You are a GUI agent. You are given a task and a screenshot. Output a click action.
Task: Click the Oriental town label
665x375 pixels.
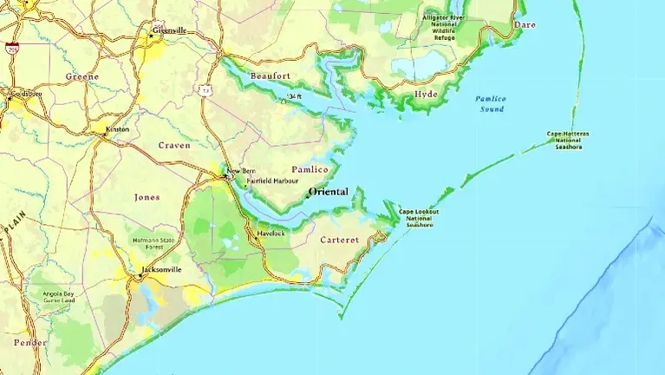coord(328,192)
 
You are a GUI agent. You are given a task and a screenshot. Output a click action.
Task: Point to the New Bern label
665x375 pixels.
coord(241,172)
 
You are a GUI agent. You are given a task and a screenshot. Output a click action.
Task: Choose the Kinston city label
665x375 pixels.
coord(117,129)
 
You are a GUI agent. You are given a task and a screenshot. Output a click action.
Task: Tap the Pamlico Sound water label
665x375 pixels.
coord(490,103)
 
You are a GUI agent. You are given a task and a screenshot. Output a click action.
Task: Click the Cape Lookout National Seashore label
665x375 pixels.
coord(419,218)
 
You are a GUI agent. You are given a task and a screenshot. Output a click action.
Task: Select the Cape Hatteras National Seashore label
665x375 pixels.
coord(568,140)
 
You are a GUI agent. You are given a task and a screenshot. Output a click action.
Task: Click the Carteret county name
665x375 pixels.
coord(339,240)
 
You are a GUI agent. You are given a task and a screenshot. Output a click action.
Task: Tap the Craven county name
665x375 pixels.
coord(173,146)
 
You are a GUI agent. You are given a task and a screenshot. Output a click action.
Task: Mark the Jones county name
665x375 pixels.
coord(147,197)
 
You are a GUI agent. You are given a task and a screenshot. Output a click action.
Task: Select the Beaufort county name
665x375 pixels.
coord(270,76)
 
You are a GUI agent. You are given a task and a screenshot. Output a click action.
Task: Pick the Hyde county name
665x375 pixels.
coord(426,94)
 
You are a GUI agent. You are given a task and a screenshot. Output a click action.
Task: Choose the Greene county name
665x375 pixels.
coord(82,76)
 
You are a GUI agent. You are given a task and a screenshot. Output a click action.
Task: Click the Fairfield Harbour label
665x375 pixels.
coord(273,181)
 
